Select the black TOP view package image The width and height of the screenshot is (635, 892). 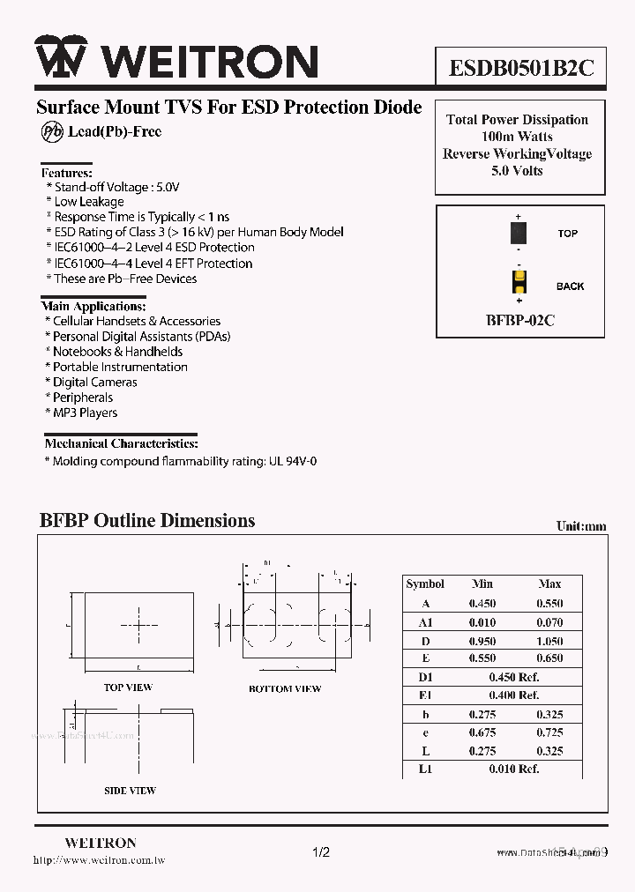[x=519, y=234]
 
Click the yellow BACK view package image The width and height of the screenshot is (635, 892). [x=519, y=283]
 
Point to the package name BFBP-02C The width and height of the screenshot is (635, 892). [x=519, y=321]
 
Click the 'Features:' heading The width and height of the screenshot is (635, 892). [x=67, y=174]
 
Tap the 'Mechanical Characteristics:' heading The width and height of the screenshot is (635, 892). [x=121, y=443]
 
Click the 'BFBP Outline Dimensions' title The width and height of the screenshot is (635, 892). [x=147, y=520]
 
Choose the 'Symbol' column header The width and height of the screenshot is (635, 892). [x=425, y=584]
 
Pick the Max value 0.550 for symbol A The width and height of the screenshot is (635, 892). [x=549, y=604]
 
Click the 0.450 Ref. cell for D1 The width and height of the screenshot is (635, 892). [x=516, y=677]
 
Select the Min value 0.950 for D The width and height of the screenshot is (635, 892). [x=482, y=641]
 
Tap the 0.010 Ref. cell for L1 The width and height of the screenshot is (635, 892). [x=516, y=769]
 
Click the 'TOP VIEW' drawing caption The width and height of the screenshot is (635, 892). [x=128, y=688]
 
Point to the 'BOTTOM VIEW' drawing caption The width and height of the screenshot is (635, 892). [x=285, y=688]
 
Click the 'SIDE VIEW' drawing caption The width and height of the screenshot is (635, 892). [x=130, y=791]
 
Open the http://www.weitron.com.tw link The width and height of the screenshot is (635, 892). [x=99, y=860]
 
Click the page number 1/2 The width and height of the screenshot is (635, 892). [x=321, y=852]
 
